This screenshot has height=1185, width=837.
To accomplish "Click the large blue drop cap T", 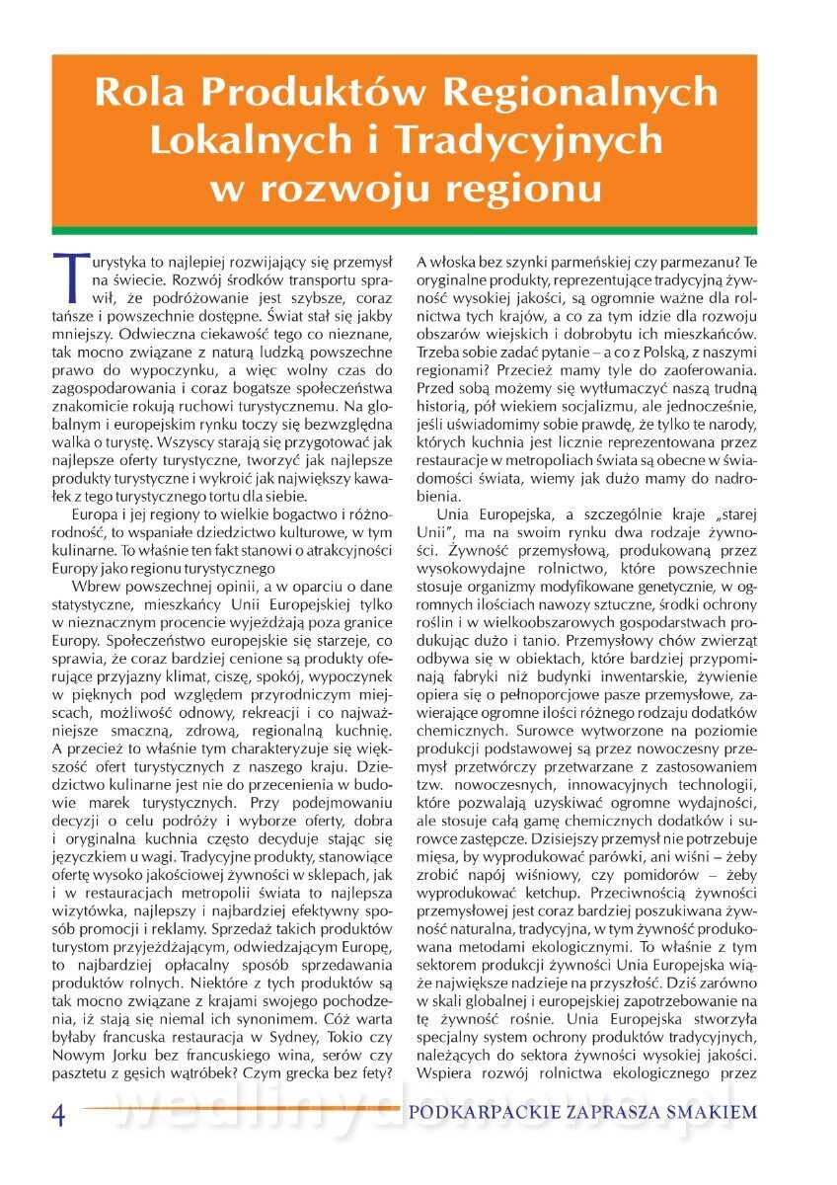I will point(68,276).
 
